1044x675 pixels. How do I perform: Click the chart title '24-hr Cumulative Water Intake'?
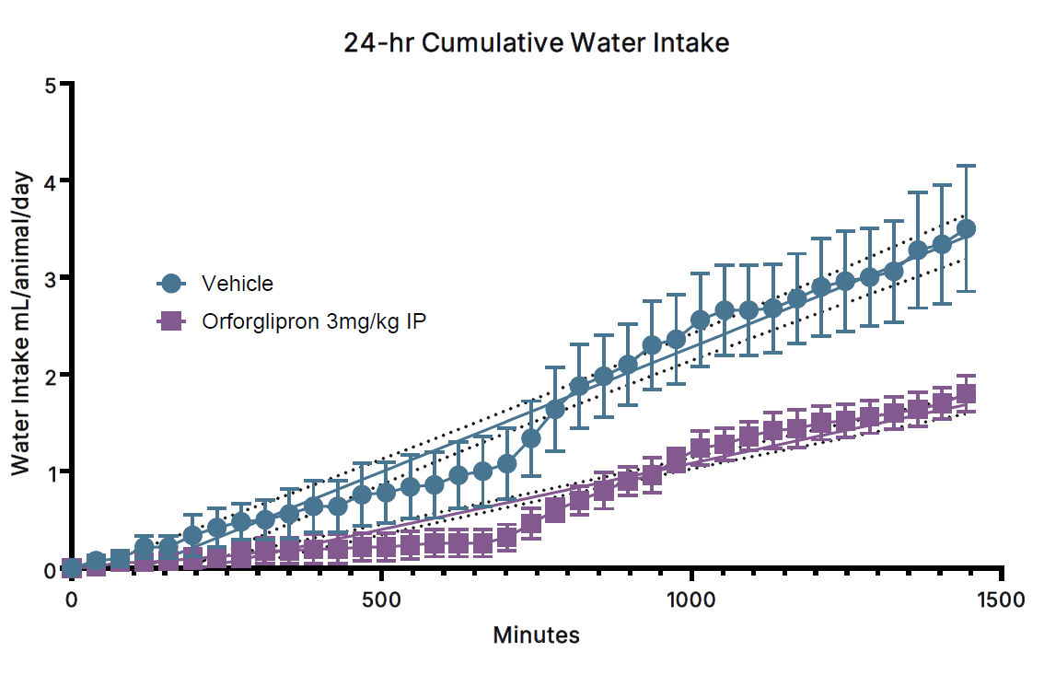pyautogui.click(x=537, y=42)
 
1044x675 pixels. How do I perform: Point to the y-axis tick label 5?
pyautogui.click(x=52, y=85)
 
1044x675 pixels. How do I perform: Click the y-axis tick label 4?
pyautogui.click(x=52, y=181)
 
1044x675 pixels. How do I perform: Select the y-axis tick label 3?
pyautogui.click(x=52, y=278)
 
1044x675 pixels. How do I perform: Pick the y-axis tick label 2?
pyautogui.click(x=52, y=375)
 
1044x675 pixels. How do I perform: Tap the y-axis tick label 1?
pyautogui.click(x=52, y=472)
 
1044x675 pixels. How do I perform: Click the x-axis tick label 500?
pyautogui.click(x=381, y=599)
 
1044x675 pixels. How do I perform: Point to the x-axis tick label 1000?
pyautogui.click(x=690, y=599)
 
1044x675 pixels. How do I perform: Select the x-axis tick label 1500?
pyautogui.click(x=1000, y=599)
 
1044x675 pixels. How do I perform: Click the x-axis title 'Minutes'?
pyautogui.click(x=537, y=635)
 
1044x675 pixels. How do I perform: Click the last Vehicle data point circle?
pyautogui.click(x=967, y=229)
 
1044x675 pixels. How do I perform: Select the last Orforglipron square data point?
pyautogui.click(x=967, y=394)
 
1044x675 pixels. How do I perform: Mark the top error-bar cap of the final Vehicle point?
pyautogui.click(x=967, y=166)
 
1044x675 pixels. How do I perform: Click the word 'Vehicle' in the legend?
pyautogui.click(x=238, y=283)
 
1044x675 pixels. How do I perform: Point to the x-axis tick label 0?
pyautogui.click(x=72, y=599)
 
